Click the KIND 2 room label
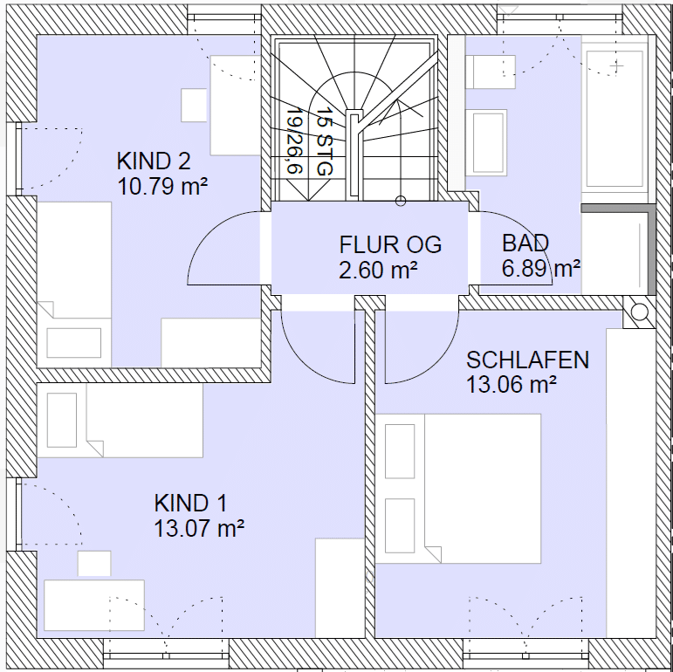click(x=154, y=161)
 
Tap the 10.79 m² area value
click(x=162, y=187)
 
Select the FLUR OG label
click(x=390, y=244)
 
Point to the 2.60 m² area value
click(x=378, y=271)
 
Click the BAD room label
click(x=525, y=243)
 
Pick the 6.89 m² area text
click(x=541, y=269)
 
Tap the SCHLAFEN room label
click(x=527, y=360)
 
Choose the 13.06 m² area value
click(x=512, y=385)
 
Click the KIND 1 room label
click(x=190, y=503)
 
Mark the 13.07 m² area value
click(x=199, y=528)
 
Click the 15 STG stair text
click(x=325, y=141)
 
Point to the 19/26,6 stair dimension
click(x=295, y=140)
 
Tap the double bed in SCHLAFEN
click(x=458, y=489)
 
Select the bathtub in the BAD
click(x=615, y=119)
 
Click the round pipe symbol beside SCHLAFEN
click(x=640, y=312)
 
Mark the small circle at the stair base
click(x=401, y=201)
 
